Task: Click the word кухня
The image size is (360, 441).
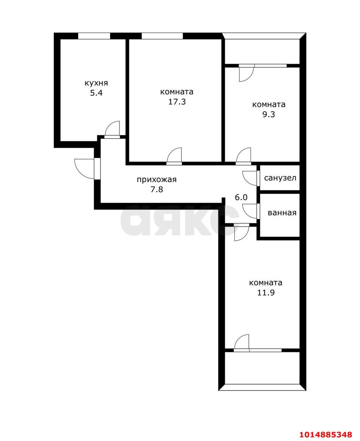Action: [x=96, y=83]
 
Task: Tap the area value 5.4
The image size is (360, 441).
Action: [x=96, y=93]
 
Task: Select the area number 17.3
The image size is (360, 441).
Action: [x=177, y=102]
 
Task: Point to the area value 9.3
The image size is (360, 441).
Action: [x=269, y=114]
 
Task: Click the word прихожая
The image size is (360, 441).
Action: [x=157, y=180]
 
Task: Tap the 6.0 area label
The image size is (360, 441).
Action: [x=241, y=197]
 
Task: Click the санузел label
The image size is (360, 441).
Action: [x=280, y=178]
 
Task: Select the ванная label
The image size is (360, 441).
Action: [x=282, y=213]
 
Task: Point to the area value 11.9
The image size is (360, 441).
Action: [x=266, y=293]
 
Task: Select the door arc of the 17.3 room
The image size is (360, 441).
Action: [x=174, y=155]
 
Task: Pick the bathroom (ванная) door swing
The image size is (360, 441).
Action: [x=249, y=211]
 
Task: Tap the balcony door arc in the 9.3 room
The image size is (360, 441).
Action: [x=246, y=73]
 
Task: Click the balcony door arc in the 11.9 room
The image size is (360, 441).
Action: [x=242, y=342]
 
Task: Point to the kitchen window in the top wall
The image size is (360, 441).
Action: [x=94, y=36]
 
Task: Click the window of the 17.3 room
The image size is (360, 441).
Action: [x=162, y=36]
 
